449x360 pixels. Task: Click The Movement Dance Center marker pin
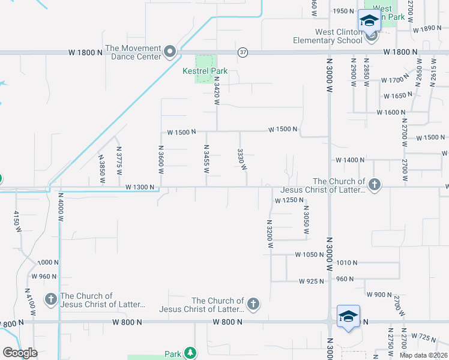(170, 52)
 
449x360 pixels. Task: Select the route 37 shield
(242, 53)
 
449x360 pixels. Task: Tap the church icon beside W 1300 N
(375, 184)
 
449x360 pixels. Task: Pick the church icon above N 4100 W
(51, 299)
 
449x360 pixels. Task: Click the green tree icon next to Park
(190, 353)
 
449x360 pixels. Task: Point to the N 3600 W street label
(161, 159)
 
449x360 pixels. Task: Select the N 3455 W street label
(206, 159)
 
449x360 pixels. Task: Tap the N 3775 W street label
(119, 161)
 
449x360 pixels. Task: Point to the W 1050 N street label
(309, 255)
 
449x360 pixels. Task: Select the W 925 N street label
(312, 281)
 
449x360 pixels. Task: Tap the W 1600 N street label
(391, 112)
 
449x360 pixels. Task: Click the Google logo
(20, 353)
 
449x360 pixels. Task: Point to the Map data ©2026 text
(423, 355)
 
